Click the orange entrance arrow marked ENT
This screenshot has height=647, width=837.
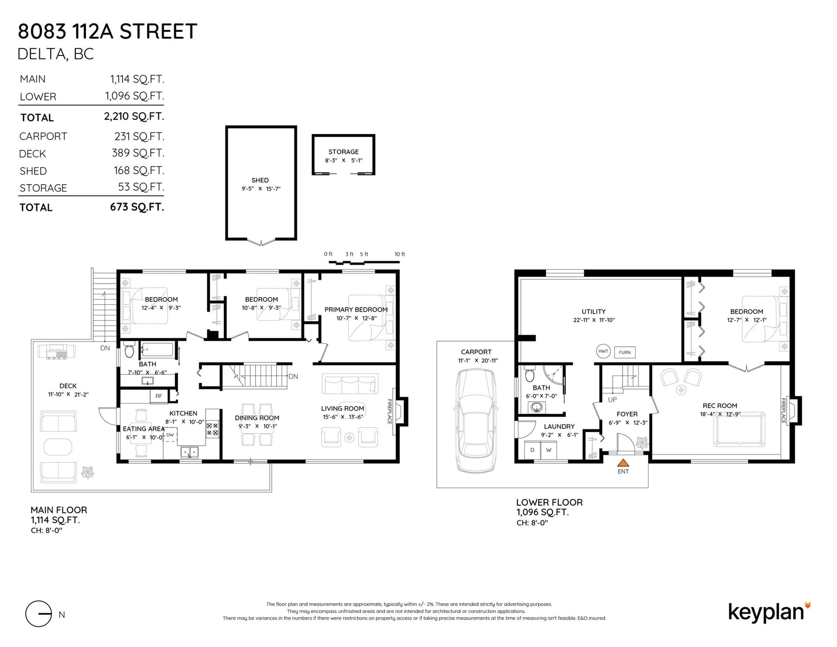[x=623, y=462]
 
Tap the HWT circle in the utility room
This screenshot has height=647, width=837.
[x=603, y=351]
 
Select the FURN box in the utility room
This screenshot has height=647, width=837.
[x=625, y=353]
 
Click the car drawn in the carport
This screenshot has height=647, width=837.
[x=475, y=420]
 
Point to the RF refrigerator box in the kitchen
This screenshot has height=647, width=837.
[x=159, y=396]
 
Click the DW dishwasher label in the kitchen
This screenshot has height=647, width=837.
[x=170, y=435]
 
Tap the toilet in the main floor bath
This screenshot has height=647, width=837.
[x=129, y=350]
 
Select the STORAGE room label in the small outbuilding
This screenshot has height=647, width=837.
[x=343, y=152]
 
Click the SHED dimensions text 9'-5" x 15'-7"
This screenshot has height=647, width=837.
[x=261, y=189]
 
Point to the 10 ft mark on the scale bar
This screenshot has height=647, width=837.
[x=400, y=254]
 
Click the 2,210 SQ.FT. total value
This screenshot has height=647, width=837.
[x=134, y=116]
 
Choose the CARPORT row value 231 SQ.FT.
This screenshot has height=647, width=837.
[x=139, y=137]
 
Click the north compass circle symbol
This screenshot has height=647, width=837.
[x=39, y=614]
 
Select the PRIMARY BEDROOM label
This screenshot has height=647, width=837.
[x=356, y=310]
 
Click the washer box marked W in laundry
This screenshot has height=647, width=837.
[x=549, y=450]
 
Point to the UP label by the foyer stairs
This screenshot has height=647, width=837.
[x=612, y=400]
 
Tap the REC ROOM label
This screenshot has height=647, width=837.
[x=719, y=405]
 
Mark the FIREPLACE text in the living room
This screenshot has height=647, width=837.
[x=389, y=411]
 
